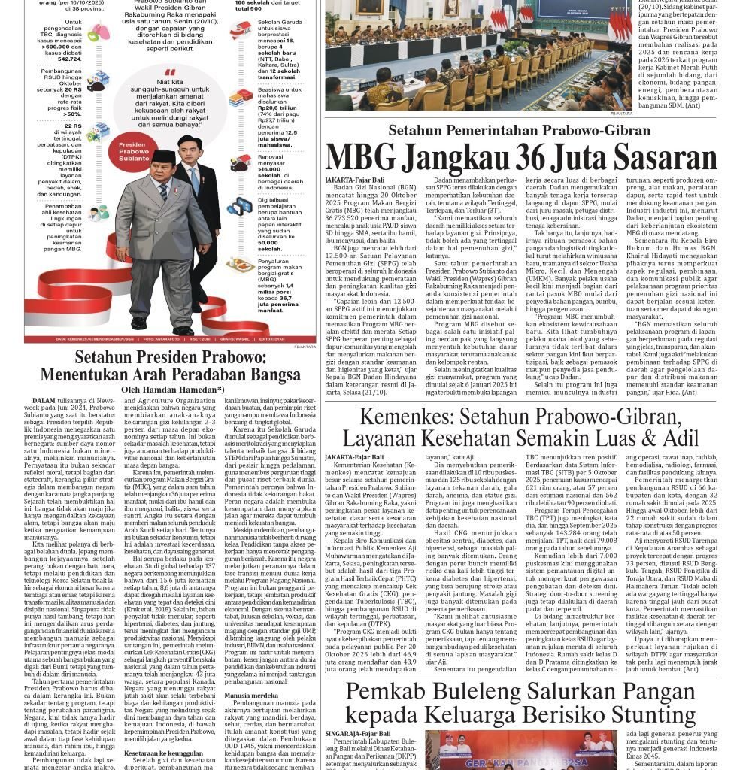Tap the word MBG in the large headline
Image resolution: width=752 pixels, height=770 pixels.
360,158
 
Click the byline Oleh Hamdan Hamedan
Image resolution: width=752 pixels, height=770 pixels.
172,390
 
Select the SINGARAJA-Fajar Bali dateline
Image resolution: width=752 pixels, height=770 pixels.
357,733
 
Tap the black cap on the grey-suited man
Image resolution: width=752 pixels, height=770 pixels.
163,156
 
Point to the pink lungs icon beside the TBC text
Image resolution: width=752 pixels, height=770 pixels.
99,32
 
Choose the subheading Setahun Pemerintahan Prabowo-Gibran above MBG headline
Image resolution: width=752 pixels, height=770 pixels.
520,130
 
